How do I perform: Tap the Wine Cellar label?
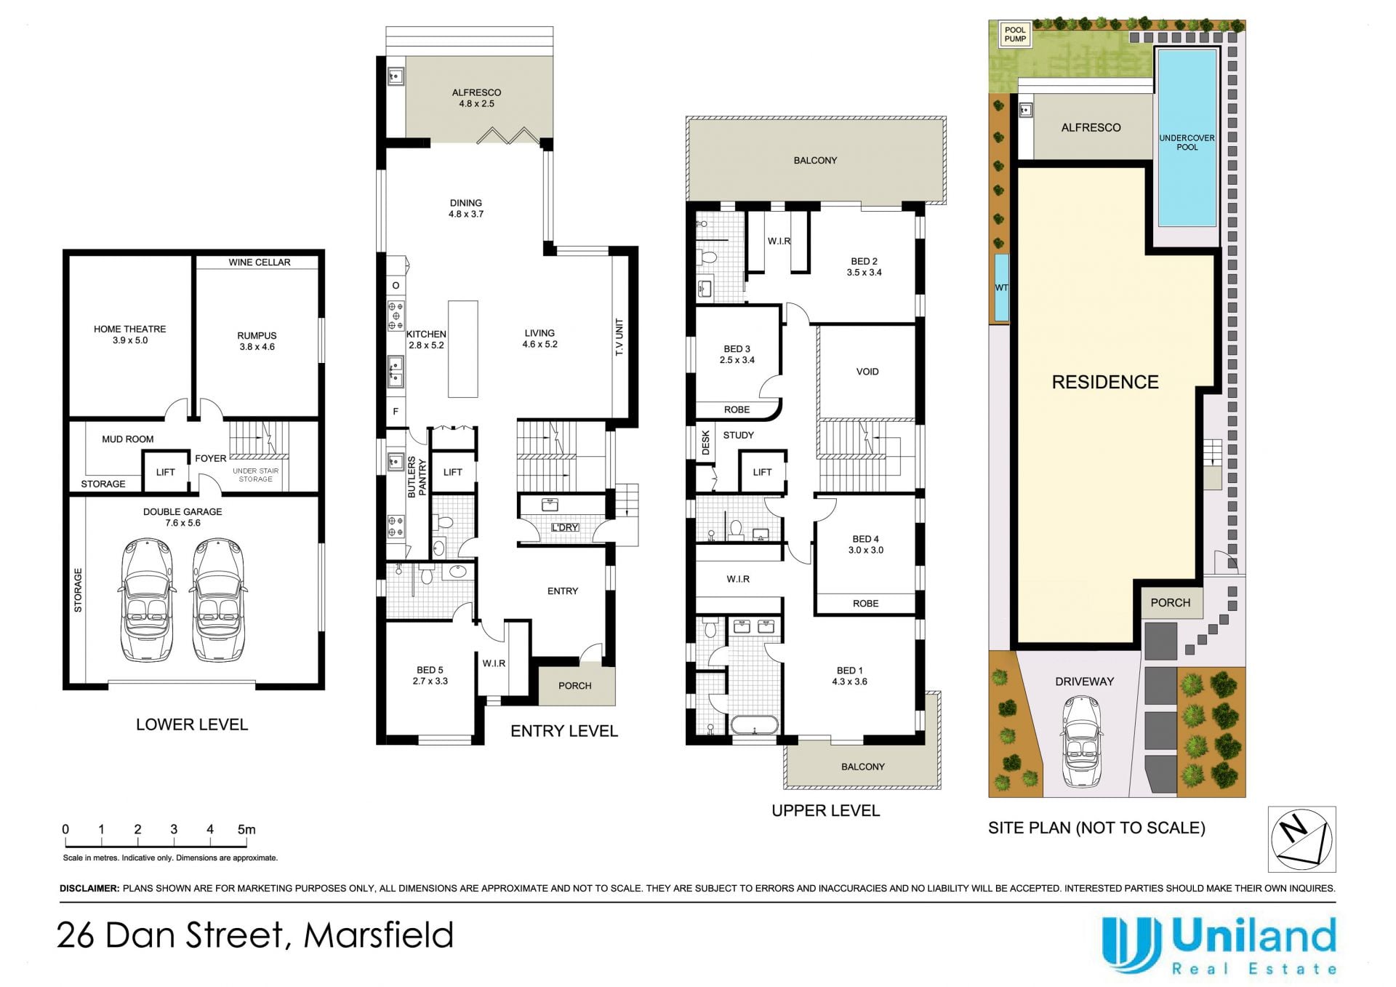pyautogui.click(x=260, y=262)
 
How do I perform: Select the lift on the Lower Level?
pyautogui.click(x=165, y=472)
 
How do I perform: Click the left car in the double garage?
pyautogui.click(x=148, y=600)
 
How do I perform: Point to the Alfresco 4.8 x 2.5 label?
pyautogui.click(x=476, y=98)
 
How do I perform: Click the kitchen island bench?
pyautogui.click(x=462, y=348)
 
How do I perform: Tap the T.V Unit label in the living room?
pyautogui.click(x=619, y=337)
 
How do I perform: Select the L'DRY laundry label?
pyautogui.click(x=565, y=527)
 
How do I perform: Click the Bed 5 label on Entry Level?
pyautogui.click(x=430, y=676)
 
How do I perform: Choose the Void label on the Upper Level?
pyautogui.click(x=867, y=372)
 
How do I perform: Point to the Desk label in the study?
pyautogui.click(x=705, y=443)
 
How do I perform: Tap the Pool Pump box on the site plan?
pyautogui.click(x=1015, y=34)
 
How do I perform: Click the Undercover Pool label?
pyautogui.click(x=1187, y=143)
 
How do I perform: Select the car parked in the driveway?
pyautogui.click(x=1082, y=741)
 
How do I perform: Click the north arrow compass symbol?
pyautogui.click(x=1301, y=839)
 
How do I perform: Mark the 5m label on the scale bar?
pyautogui.click(x=246, y=829)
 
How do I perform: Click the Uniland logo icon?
pyautogui.click(x=1131, y=944)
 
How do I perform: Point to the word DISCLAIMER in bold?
pyautogui.click(x=89, y=888)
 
